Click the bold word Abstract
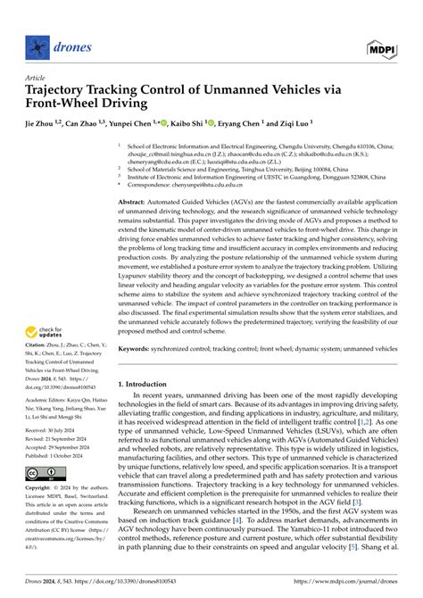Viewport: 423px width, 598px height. pyautogui.click(x=135, y=203)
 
